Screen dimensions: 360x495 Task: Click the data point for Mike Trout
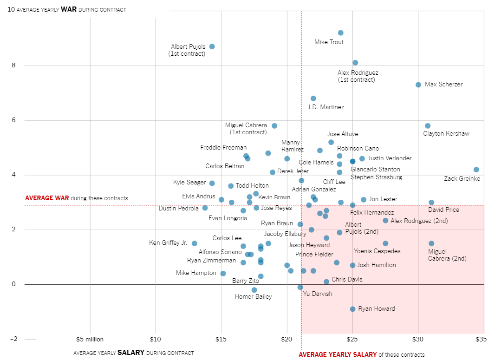340,33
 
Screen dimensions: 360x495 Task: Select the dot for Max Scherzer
418,85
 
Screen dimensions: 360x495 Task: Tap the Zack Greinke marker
476,170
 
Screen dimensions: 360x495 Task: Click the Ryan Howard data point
352,309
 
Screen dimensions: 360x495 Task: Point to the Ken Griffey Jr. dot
194,243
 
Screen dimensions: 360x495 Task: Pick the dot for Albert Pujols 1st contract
212,46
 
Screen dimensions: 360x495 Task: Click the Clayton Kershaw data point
427,126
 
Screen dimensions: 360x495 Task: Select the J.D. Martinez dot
313,98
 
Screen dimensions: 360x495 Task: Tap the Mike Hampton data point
223,274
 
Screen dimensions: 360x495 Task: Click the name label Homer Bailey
253,297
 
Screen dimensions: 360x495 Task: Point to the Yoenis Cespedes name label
377,251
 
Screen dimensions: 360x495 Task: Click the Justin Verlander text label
390,158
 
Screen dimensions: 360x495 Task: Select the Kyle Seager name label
189,183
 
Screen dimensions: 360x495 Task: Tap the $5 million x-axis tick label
90,340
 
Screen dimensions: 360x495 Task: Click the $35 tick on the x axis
481,340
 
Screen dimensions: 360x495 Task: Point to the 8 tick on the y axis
14,65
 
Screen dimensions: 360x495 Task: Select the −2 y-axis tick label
13,339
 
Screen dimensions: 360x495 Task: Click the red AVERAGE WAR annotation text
47,198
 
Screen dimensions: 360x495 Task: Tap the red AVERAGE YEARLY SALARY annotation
338,355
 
